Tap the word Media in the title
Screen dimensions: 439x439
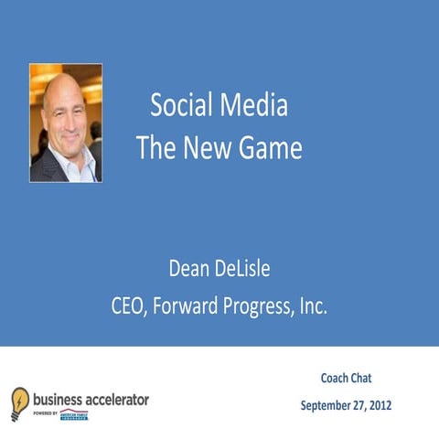tap(255, 106)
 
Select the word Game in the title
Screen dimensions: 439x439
tap(271, 148)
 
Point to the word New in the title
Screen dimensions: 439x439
tap(207, 148)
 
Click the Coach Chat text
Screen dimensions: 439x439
tap(345, 378)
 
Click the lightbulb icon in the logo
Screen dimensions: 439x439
tap(19, 402)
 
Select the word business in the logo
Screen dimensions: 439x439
tap(59, 400)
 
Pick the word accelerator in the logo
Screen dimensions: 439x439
tap(119, 400)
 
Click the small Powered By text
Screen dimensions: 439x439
tap(44, 413)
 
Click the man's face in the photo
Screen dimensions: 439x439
tap(64, 111)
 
